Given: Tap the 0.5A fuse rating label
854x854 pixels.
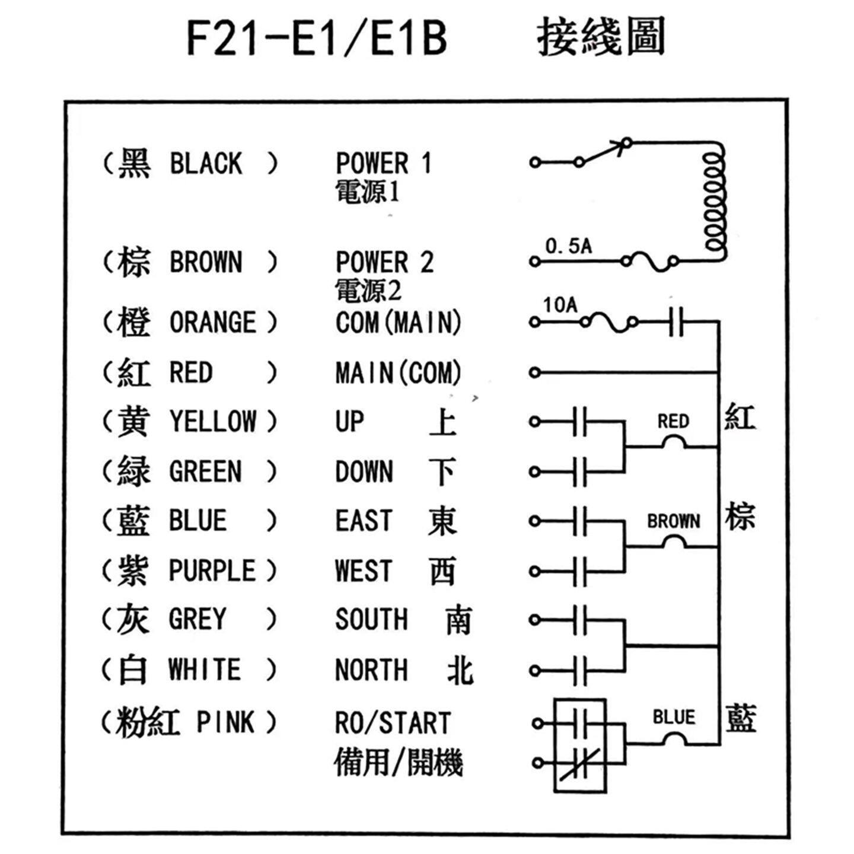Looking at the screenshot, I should point(568,246).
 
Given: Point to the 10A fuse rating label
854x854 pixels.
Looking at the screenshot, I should point(560,305).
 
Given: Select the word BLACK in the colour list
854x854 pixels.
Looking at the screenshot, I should point(206,164).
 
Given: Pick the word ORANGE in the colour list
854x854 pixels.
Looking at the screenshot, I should point(213,323).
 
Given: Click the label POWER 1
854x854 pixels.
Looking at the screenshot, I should point(383,164).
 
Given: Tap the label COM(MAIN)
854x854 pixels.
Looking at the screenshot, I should point(398,323).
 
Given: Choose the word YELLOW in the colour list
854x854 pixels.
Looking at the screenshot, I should point(213,422).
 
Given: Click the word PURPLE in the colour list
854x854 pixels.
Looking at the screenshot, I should point(212,571).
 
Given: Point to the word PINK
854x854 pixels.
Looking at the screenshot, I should point(225,723).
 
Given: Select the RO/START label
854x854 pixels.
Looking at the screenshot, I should point(393,723).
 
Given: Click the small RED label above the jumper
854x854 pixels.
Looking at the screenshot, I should point(673,421).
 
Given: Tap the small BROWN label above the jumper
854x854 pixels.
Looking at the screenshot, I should point(673,521).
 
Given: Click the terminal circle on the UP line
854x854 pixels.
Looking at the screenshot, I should point(535,422).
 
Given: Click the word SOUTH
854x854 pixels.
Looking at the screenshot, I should point(371,620).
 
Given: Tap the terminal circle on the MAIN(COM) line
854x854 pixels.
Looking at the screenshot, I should point(535,372).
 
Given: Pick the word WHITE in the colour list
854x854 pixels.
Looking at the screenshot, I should point(205,670).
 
